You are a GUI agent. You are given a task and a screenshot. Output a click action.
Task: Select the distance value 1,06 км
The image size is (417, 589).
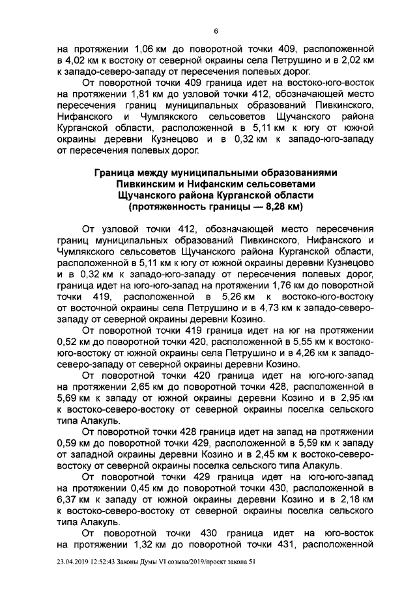pyautogui.click(x=151, y=49)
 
